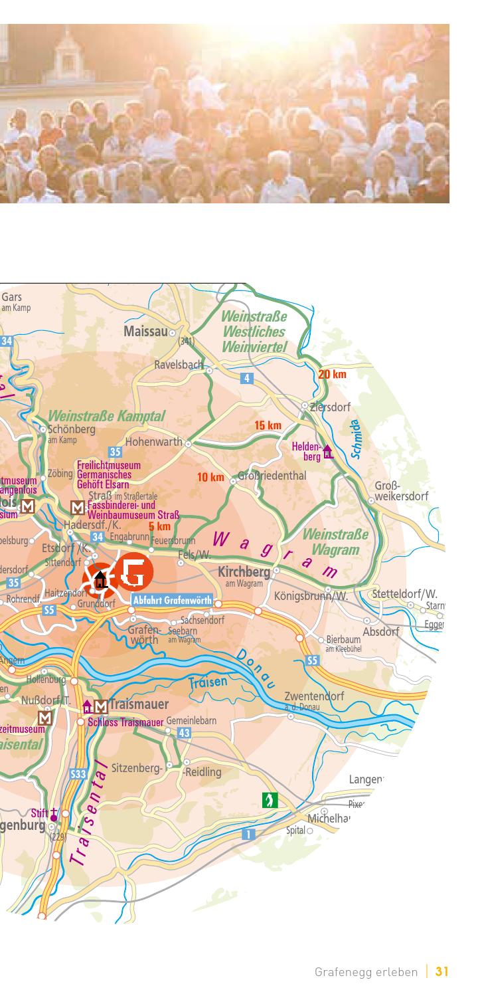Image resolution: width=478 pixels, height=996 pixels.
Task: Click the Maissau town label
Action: (145, 331)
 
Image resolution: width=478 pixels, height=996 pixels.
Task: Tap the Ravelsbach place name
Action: (178, 364)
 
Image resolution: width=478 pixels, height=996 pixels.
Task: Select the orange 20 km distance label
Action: (332, 374)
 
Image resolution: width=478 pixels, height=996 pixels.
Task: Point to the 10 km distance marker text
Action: (210, 477)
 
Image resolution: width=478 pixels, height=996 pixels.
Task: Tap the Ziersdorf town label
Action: (330, 407)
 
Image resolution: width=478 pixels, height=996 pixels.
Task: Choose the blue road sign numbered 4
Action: (247, 378)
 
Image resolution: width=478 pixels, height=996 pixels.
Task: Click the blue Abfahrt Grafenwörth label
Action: (172, 601)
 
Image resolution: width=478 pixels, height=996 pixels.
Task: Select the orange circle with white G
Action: (135, 571)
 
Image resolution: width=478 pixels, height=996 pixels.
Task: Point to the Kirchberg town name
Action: (244, 572)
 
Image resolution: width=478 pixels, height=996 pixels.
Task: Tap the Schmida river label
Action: (357, 439)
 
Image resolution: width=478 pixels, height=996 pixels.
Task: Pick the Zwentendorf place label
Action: (314, 696)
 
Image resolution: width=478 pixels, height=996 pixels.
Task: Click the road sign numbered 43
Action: (185, 732)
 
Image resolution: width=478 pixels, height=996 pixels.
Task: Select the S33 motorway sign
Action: (78, 774)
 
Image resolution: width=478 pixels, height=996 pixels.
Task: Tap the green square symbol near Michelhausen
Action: (270, 799)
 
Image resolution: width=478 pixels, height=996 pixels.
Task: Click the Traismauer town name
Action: (139, 704)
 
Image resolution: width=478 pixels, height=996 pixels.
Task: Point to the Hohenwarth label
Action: (153, 442)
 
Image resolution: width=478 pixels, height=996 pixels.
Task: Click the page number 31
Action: (441, 972)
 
